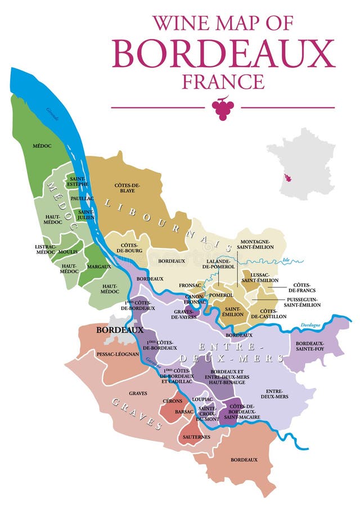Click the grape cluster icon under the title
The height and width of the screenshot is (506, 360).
(223, 109)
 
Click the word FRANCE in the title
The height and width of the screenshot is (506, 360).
(223, 82)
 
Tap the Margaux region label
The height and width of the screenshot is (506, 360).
(100, 266)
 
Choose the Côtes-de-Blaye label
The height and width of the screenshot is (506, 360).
(127, 187)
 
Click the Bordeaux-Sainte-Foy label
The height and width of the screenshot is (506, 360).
(314, 346)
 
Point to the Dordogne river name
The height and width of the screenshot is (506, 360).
(310, 325)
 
